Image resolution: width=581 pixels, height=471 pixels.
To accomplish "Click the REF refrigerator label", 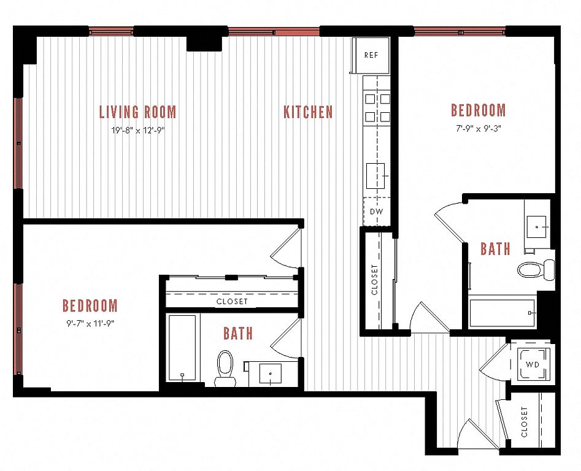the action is point(371,55).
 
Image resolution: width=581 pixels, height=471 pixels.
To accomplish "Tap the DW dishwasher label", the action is point(377,212).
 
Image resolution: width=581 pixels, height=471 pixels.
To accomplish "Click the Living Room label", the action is point(138,112).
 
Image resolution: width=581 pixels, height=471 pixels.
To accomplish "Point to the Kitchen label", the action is point(308,112).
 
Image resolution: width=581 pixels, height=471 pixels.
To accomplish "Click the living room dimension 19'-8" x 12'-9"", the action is point(138,131).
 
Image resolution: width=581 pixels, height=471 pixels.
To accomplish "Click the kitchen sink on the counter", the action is point(375,176).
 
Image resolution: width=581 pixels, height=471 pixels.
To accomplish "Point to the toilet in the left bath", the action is point(225,369).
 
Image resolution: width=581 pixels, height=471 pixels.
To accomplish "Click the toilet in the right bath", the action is point(536,270).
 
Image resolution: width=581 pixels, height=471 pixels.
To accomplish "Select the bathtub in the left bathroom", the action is point(182,348).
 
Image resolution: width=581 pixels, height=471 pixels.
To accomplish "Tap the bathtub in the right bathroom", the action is point(502,313).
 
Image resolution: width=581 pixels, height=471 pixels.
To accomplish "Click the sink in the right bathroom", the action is point(537,227).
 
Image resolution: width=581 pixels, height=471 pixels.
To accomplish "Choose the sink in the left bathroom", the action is point(270,374).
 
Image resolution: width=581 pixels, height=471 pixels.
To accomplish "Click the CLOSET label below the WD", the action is point(524,422).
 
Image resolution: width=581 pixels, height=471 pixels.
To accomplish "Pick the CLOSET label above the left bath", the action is point(232,301).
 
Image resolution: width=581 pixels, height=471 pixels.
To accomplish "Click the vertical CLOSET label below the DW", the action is point(374,280).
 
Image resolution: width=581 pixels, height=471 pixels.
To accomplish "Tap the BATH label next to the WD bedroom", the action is point(495,249).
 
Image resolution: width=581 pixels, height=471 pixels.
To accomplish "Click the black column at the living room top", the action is point(204,44).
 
